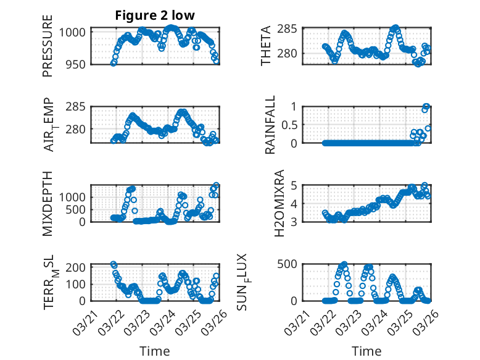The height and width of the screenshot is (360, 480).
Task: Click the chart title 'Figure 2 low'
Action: tap(155, 16)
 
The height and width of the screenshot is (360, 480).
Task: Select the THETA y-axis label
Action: tap(266, 46)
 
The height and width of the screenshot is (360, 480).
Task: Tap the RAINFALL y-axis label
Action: tap(270, 125)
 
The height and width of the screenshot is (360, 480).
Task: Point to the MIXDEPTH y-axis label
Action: tap(48, 204)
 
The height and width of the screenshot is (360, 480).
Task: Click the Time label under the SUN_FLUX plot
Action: tap(366, 351)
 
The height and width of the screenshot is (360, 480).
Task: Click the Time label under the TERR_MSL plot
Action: tap(155, 351)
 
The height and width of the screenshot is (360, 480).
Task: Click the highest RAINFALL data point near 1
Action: tap(426, 106)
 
